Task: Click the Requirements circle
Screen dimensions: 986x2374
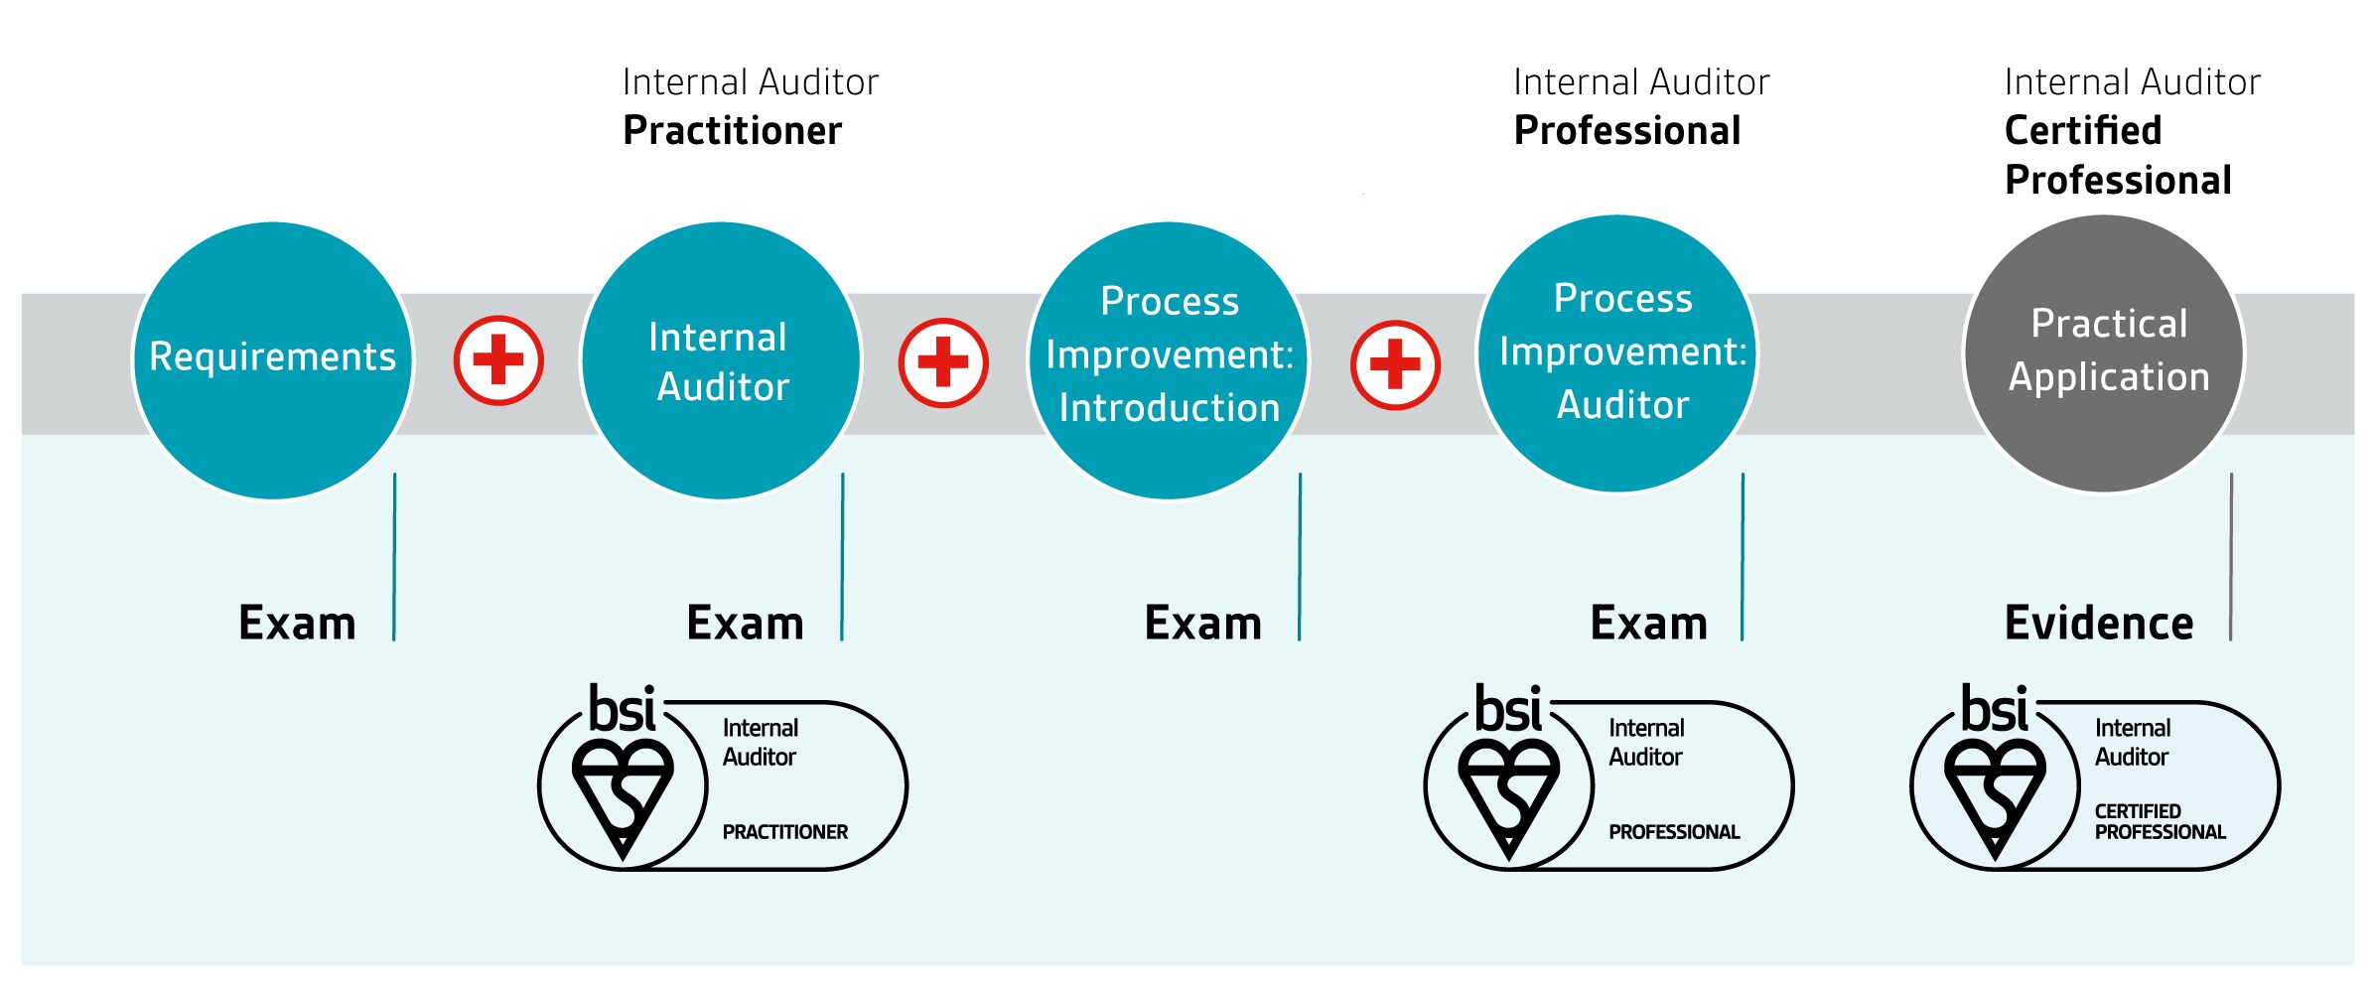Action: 273,359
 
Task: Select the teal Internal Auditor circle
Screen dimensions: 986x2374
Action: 721,359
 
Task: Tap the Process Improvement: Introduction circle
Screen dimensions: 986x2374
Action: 1169,359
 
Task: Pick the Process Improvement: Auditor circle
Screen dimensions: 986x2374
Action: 1617,352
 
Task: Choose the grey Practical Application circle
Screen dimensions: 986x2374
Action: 2104,352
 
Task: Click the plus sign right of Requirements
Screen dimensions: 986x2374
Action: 498,359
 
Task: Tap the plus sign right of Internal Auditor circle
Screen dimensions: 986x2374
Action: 943,362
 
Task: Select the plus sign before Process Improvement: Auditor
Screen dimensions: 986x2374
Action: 1395,364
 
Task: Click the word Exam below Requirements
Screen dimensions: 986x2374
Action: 297,624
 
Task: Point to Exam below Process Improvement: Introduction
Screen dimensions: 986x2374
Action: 1202,624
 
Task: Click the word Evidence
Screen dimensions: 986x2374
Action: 2098,624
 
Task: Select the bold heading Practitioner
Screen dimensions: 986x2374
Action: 732,131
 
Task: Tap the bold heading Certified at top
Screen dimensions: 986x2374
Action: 2082,131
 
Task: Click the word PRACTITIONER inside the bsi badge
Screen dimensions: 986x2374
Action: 784,832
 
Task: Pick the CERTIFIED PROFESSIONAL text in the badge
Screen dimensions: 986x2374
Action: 2159,822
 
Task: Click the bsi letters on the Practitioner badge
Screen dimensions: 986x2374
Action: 622,709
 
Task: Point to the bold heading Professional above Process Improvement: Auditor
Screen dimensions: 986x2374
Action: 1626,131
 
